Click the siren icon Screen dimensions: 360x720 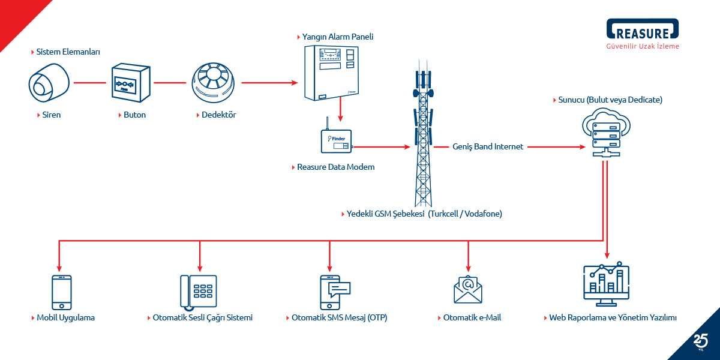49,82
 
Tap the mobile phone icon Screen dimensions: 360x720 61,292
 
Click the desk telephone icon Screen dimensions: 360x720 199,292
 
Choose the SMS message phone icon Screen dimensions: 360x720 334,292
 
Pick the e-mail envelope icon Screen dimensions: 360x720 468,289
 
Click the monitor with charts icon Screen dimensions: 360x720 606,286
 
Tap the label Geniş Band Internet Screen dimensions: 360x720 488,146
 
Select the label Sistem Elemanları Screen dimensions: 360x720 68,52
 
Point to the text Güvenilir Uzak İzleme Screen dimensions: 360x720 643,46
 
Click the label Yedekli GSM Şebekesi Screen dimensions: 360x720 385,214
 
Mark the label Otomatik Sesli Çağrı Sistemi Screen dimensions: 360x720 202,317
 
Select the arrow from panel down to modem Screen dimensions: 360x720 340,111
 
